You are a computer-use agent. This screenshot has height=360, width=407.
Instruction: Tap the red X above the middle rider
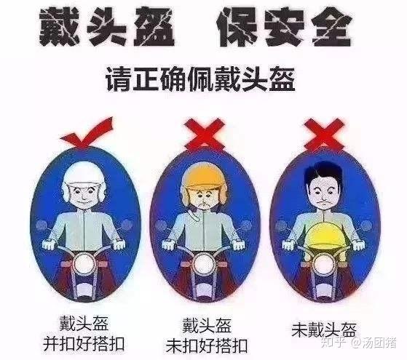click(x=205, y=135)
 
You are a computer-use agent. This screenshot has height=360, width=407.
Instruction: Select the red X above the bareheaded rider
click(x=324, y=135)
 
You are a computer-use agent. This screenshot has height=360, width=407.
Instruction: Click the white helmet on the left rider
click(x=84, y=177)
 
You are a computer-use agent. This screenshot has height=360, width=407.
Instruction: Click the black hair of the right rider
click(x=323, y=172)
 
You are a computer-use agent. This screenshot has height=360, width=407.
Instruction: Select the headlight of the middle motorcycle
click(x=204, y=263)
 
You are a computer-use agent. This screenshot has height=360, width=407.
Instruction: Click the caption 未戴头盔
click(x=324, y=329)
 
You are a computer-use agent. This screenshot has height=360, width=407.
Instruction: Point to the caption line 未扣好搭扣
click(x=206, y=345)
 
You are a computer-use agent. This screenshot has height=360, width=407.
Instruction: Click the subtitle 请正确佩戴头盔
click(x=200, y=79)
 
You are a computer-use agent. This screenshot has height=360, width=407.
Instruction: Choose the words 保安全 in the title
click(x=285, y=27)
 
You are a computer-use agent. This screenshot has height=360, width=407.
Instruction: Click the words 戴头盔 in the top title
click(x=106, y=27)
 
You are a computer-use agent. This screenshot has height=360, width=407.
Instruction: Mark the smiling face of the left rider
click(x=84, y=195)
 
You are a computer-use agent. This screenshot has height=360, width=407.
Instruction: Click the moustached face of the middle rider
click(x=204, y=199)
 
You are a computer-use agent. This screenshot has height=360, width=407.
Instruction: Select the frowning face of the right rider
click(x=324, y=193)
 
